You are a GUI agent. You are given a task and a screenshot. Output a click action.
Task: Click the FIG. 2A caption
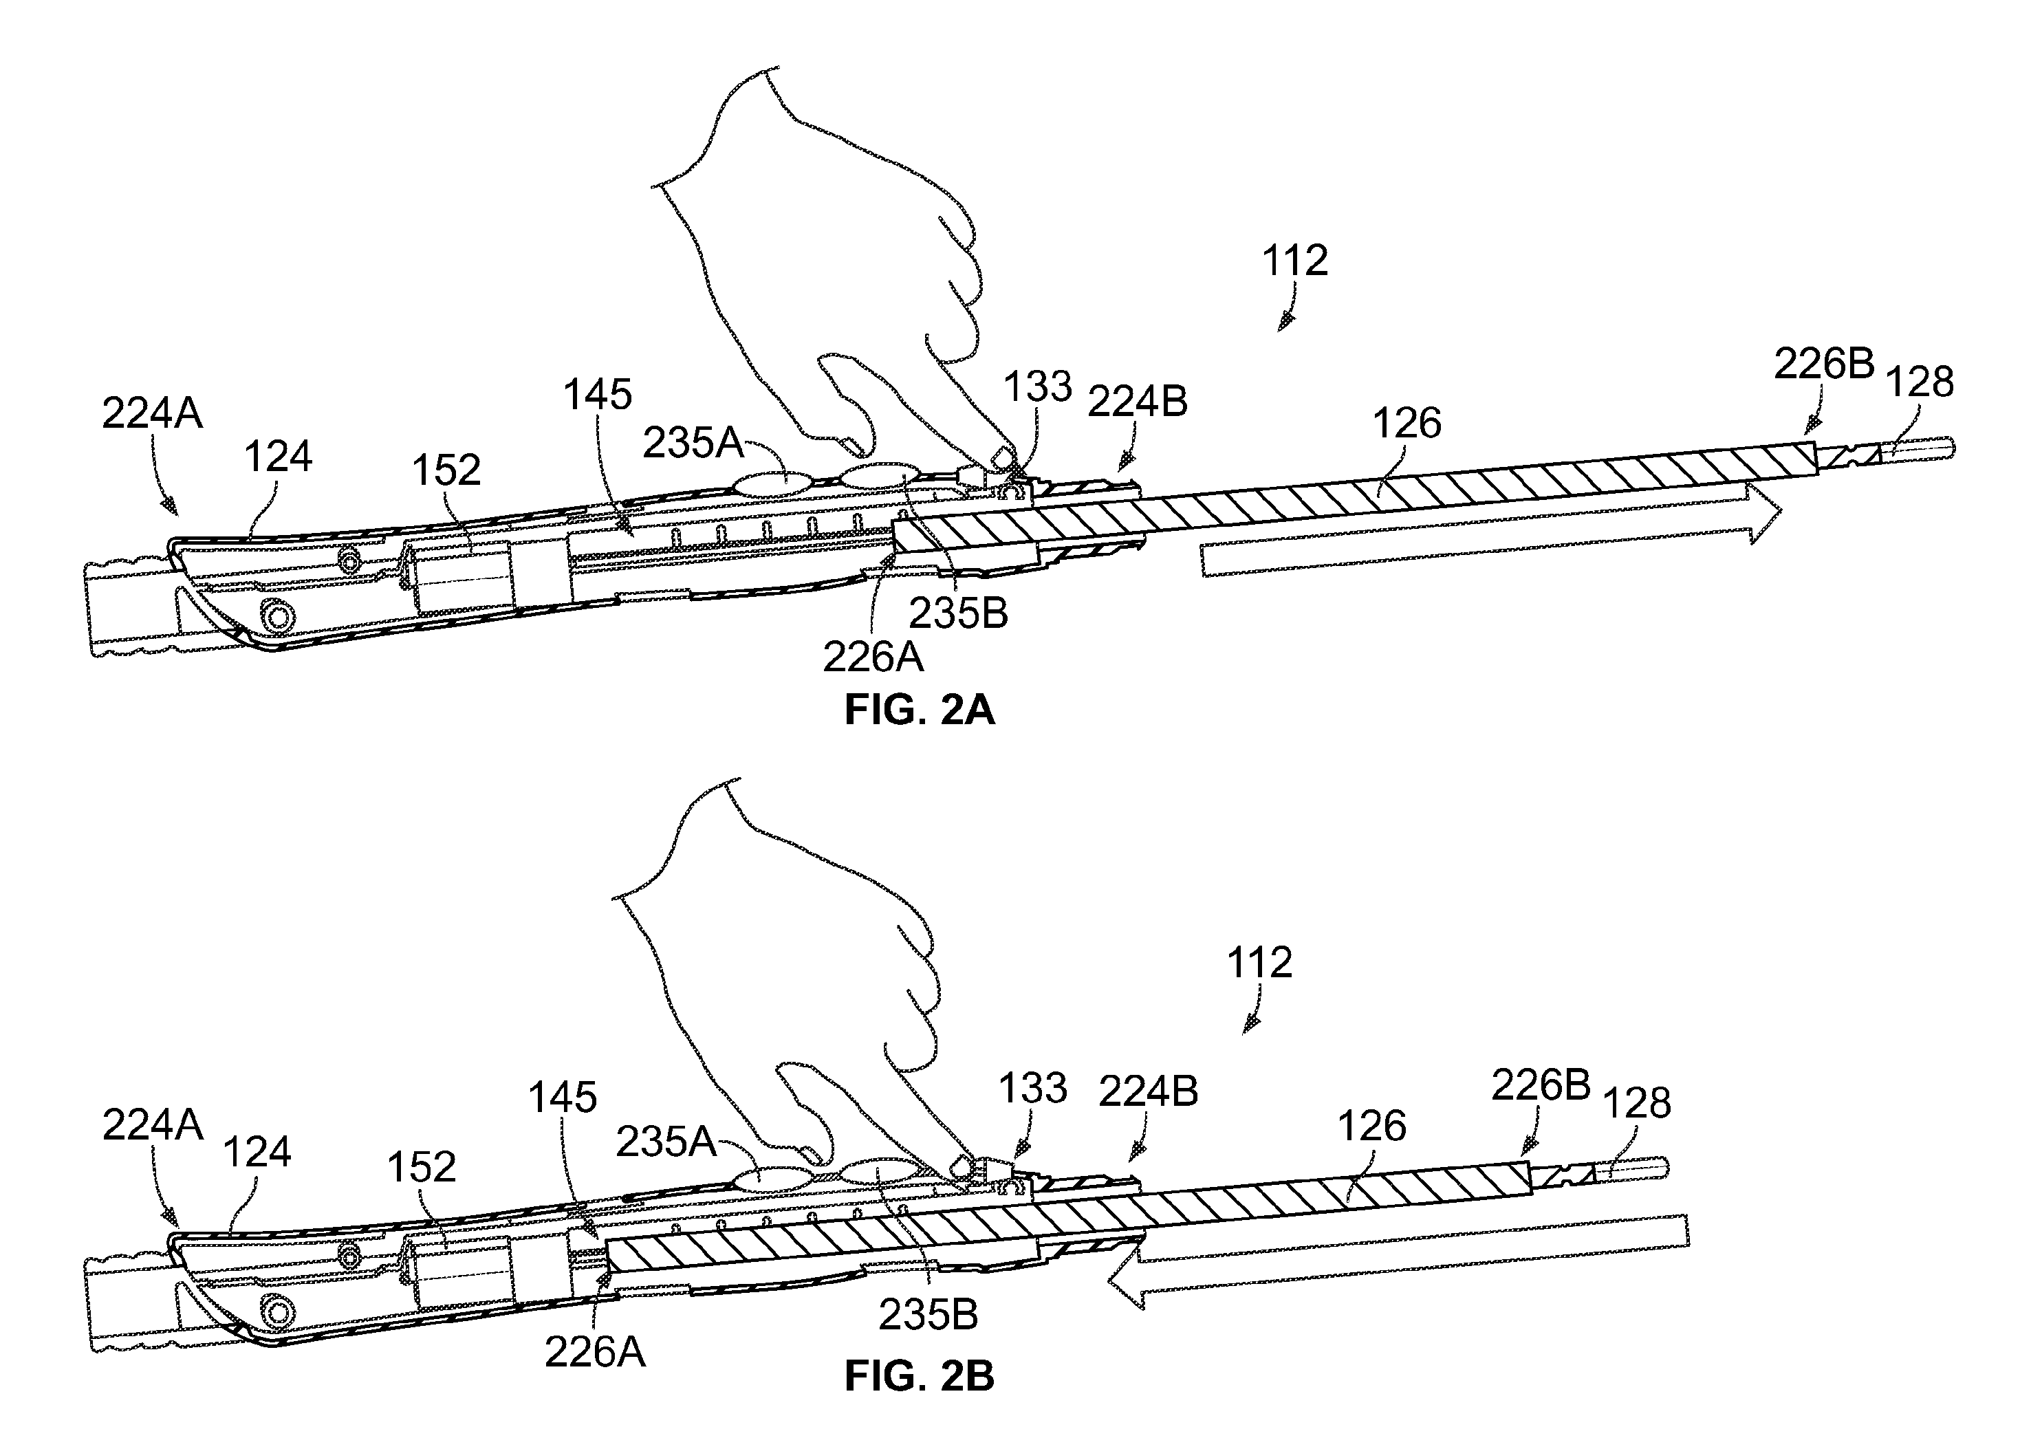click(x=918, y=710)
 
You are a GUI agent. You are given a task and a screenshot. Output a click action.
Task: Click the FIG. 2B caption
click(x=918, y=1376)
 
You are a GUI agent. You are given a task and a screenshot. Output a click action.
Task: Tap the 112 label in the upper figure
click(x=1294, y=261)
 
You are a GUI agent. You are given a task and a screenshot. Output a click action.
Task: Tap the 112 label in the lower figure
click(x=1259, y=963)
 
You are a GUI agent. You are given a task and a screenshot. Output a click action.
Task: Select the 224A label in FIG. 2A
click(x=152, y=413)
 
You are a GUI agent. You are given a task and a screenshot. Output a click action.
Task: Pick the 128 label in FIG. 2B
click(x=1636, y=1104)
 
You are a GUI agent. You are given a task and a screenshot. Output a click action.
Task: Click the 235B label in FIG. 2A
click(x=958, y=613)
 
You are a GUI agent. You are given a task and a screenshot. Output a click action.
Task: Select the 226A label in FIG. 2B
click(x=595, y=1352)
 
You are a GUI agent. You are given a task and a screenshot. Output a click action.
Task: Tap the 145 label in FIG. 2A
click(x=598, y=395)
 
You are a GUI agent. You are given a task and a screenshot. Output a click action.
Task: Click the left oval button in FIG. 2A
click(x=772, y=483)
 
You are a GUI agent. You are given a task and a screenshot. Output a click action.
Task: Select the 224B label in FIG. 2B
click(x=1148, y=1091)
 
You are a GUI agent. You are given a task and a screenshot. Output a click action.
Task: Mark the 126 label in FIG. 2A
click(x=1407, y=423)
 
